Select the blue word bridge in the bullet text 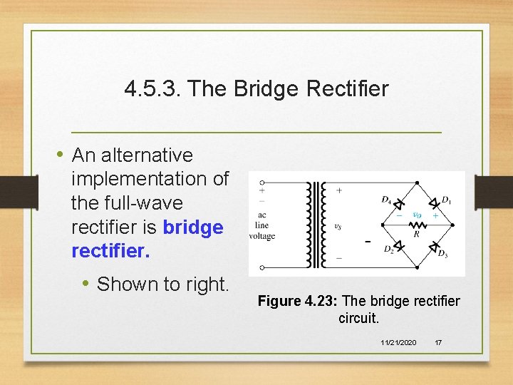tap(193, 228)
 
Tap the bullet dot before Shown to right tap(85, 284)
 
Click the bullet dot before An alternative tap(62, 155)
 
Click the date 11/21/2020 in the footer tap(399, 343)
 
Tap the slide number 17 tap(438, 343)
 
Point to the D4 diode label tap(386, 200)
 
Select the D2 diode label tap(388, 250)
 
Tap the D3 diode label tap(442, 253)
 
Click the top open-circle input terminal tap(263, 183)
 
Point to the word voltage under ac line tap(262, 237)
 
